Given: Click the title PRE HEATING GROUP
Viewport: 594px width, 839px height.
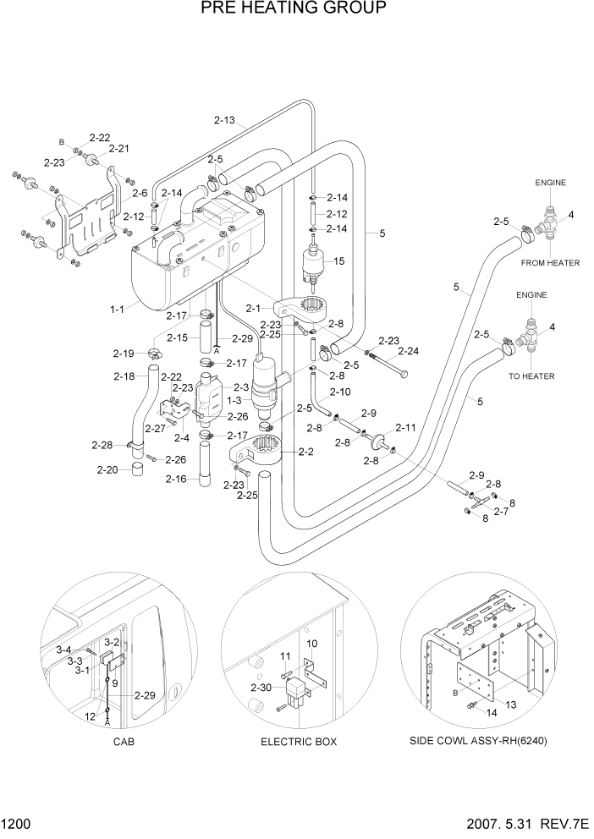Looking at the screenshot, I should (x=282, y=9).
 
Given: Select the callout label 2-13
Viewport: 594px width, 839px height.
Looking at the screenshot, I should (x=225, y=120).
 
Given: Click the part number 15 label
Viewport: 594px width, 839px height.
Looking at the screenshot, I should (x=338, y=261).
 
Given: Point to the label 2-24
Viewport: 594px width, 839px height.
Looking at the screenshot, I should (x=409, y=351).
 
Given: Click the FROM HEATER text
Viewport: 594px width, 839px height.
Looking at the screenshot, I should (x=550, y=263).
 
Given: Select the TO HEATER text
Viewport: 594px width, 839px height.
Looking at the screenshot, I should (x=532, y=376).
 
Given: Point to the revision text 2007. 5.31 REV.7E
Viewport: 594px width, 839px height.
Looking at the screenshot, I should (x=528, y=823).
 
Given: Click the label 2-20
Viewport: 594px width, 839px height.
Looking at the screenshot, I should (x=107, y=469).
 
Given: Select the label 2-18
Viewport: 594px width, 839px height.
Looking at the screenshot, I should (x=124, y=376).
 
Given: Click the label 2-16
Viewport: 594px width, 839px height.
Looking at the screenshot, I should (x=177, y=480).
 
